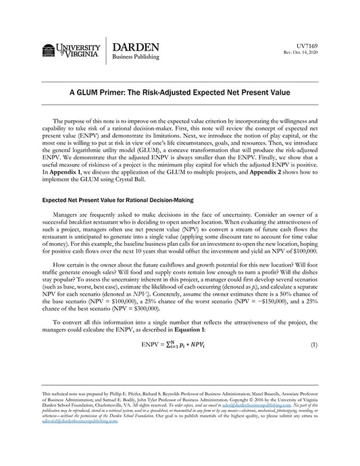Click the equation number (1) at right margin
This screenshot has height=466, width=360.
point(313,344)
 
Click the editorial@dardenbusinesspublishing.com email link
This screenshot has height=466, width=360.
point(72,425)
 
